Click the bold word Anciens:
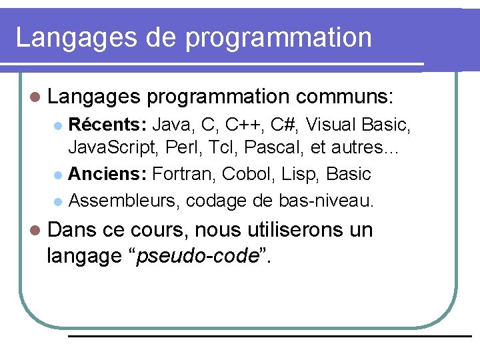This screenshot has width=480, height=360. [x=107, y=175]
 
